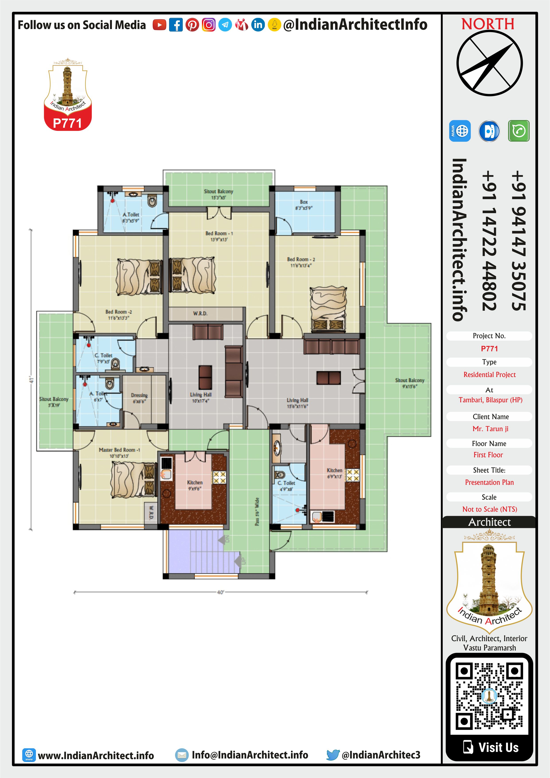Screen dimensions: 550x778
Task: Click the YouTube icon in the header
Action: click(x=159, y=25)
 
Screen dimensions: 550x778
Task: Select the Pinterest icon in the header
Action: click(x=192, y=25)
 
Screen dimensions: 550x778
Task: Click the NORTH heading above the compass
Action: click(x=488, y=24)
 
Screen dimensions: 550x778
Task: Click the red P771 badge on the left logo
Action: click(x=67, y=123)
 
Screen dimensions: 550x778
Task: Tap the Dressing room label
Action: click(x=139, y=398)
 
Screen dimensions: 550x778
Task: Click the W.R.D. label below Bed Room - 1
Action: click(x=200, y=313)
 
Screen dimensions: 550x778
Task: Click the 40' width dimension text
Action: click(x=220, y=592)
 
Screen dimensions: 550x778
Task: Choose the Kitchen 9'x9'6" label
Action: click(x=195, y=485)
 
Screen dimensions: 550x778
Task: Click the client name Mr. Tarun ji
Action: click(x=490, y=429)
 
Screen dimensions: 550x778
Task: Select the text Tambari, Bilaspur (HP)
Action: click(x=490, y=400)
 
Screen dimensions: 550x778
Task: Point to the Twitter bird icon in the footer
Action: click(x=333, y=755)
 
